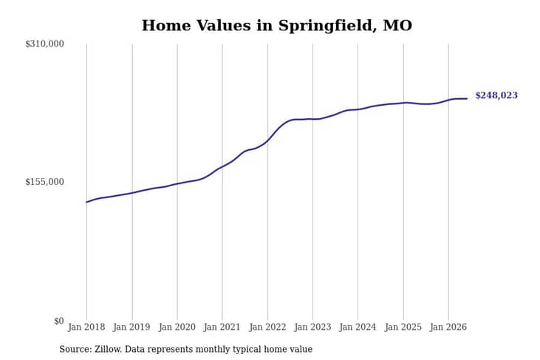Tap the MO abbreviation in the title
pos(397,25)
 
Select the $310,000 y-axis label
pos(44,44)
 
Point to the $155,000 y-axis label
pos(44,182)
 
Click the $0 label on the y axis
pos(59,321)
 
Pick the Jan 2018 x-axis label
pos(86,327)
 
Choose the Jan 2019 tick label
pos(131,327)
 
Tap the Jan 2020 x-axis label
pos(177,327)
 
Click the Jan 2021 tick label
pos(222,327)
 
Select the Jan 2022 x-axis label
pos(267,327)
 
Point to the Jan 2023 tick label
pos(312,327)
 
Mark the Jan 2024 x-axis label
pos(358,327)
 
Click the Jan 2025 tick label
pos(403,327)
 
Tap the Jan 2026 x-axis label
pos(448,327)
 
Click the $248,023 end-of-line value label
pos(496,95)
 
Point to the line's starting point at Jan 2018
pos(86,202)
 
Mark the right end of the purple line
pos(467,98)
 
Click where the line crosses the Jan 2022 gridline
pos(267,140)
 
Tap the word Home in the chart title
pos(166,25)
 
